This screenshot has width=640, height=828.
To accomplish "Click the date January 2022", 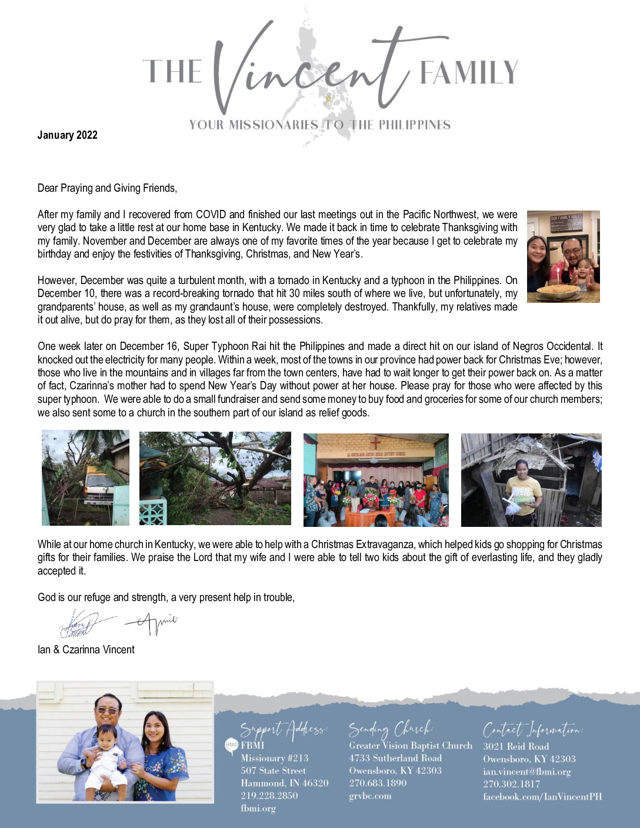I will (67, 135).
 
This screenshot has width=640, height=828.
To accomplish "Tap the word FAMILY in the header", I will (468, 73).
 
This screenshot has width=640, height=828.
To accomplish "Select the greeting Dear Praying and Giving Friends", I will (107, 188).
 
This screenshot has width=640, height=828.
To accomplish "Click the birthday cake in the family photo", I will (558, 289).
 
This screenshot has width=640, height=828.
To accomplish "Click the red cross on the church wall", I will (375, 442).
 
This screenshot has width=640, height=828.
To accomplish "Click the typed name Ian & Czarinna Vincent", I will (86, 650).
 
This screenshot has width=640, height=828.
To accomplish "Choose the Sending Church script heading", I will (390, 729).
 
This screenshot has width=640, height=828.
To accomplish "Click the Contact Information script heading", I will (533, 730).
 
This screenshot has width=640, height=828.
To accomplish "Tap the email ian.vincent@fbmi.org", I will (527, 772).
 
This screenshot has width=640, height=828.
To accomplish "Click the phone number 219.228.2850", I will (269, 796).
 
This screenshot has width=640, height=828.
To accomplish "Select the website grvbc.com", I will (370, 796).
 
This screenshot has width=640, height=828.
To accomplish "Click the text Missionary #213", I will (274, 759).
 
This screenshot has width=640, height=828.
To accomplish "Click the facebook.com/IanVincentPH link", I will (542, 797).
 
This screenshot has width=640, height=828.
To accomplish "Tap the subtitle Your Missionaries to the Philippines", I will (320, 125).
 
